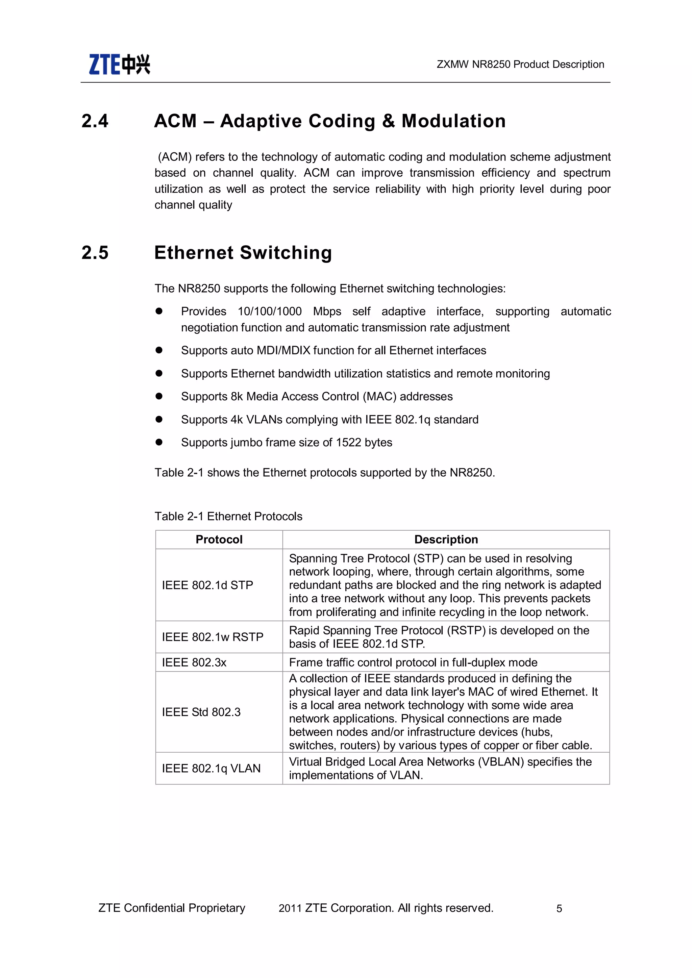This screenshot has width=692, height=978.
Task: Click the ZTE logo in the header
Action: (119, 64)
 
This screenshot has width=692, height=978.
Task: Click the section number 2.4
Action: (95, 121)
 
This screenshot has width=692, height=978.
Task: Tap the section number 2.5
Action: (95, 253)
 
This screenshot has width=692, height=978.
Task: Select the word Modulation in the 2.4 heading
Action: (453, 121)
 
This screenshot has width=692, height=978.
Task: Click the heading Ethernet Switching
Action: (243, 253)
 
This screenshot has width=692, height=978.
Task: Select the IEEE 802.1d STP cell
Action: (207, 585)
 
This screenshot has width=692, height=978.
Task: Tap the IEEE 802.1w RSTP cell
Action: (213, 637)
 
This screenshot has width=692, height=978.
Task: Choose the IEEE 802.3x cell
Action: (194, 662)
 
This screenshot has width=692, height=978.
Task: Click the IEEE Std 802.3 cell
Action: (201, 712)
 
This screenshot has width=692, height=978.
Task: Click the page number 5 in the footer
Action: (559, 908)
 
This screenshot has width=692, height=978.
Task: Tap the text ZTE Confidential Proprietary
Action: (172, 908)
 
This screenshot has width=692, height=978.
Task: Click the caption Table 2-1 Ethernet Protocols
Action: (228, 516)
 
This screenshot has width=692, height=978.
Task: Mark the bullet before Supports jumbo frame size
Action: (159, 442)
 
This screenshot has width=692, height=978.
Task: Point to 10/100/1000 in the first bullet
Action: (270, 311)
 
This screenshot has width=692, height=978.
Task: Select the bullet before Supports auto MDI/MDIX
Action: (159, 350)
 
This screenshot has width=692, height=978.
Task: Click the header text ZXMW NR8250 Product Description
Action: (520, 64)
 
